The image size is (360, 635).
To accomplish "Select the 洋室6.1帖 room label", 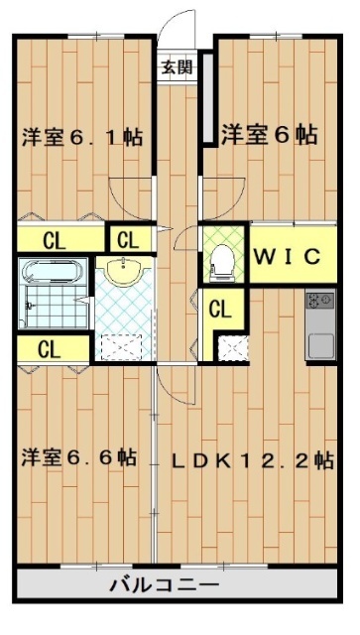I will click(82, 137).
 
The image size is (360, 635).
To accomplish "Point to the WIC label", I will click(288, 257).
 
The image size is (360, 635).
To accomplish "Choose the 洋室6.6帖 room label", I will click(79, 457).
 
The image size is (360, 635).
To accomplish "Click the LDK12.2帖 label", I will click(252, 459).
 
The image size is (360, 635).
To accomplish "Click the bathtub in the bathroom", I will click(49, 272).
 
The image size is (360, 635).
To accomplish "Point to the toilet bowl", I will click(222, 261).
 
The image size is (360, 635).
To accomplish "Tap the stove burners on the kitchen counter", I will click(320, 299).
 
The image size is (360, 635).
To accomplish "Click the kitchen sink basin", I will click(320, 345).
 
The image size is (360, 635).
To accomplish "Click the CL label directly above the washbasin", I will click(128, 239).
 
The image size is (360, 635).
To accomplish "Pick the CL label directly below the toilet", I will click(220, 310).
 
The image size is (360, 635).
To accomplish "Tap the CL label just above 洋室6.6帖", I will click(47, 348).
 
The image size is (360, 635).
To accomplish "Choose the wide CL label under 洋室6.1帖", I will click(55, 239).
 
